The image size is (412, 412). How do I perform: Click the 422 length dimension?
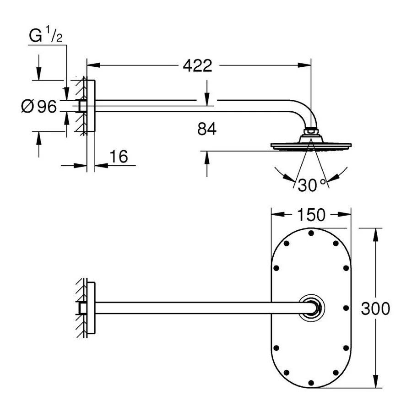coord(197,66)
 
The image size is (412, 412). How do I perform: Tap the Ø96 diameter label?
coord(38,107)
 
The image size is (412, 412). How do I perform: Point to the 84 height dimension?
coord(207,130)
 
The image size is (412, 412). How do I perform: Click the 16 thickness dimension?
coord(118,157)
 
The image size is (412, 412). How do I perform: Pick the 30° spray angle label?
coord(312,185)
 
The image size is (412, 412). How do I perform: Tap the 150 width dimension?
coord(311,215)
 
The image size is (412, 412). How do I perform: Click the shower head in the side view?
coord(311,146)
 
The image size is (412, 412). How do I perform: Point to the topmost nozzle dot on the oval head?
coord(311,233)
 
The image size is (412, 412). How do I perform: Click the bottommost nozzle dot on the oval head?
coord(311,382)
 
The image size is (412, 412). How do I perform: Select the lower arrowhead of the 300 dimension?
coord(376,383)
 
